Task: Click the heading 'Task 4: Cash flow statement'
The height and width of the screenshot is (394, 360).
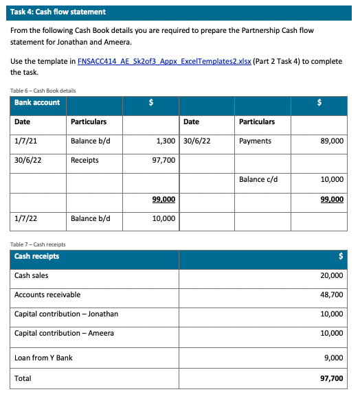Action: pyautogui.click(x=58, y=12)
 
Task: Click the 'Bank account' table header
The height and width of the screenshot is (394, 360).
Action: pyautogui.click(x=37, y=102)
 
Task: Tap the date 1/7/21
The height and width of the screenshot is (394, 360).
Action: pyautogui.click(x=25, y=141)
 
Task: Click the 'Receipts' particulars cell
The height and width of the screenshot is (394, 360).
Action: pyautogui.click(x=85, y=160)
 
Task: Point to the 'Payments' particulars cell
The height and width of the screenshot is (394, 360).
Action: pyautogui.click(x=255, y=141)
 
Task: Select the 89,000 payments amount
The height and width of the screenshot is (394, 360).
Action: pyautogui.click(x=332, y=141)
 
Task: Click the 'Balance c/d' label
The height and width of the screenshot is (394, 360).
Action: pyautogui.click(x=258, y=179)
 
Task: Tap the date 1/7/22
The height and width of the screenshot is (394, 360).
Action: pyautogui.click(x=25, y=219)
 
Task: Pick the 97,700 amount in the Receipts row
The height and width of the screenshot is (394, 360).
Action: pyautogui.click(x=163, y=160)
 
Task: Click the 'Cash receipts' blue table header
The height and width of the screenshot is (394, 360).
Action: pyautogui.click(x=37, y=256)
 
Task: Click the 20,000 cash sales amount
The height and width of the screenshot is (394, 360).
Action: pyautogui.click(x=332, y=275)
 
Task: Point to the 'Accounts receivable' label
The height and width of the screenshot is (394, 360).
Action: pyautogui.click(x=47, y=294)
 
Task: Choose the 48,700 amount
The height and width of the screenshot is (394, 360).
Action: pyautogui.click(x=332, y=294)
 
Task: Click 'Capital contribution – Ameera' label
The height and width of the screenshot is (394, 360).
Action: pyautogui.click(x=65, y=333)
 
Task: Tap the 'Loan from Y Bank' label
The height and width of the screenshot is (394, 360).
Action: pyautogui.click(x=43, y=358)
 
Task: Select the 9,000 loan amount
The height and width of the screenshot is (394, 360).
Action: pyautogui.click(x=334, y=358)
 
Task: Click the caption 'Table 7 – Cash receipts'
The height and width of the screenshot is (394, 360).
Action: pyautogui.click(x=40, y=244)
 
